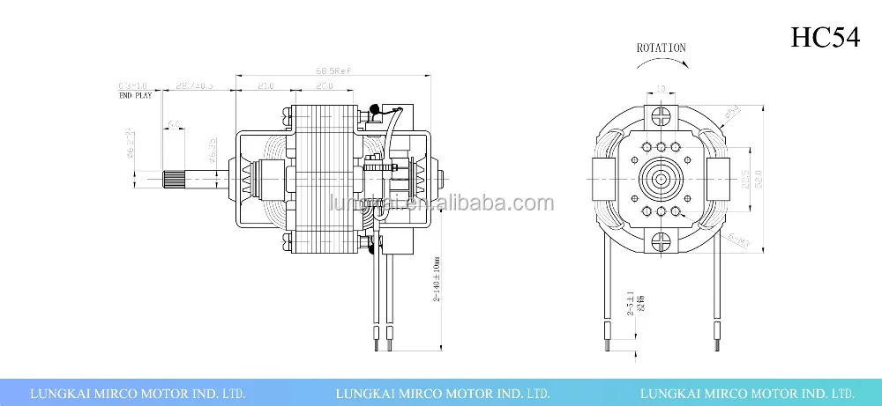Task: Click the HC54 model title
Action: pyautogui.click(x=824, y=38)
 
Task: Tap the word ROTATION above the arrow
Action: pyautogui.click(x=661, y=48)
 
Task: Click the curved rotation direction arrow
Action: pyautogui.click(x=661, y=65)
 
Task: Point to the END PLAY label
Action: pyautogui.click(x=136, y=95)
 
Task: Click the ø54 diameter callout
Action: pyautogui.click(x=731, y=114)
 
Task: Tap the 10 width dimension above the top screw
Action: pyautogui.click(x=661, y=89)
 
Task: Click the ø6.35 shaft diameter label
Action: pyautogui.click(x=212, y=151)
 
